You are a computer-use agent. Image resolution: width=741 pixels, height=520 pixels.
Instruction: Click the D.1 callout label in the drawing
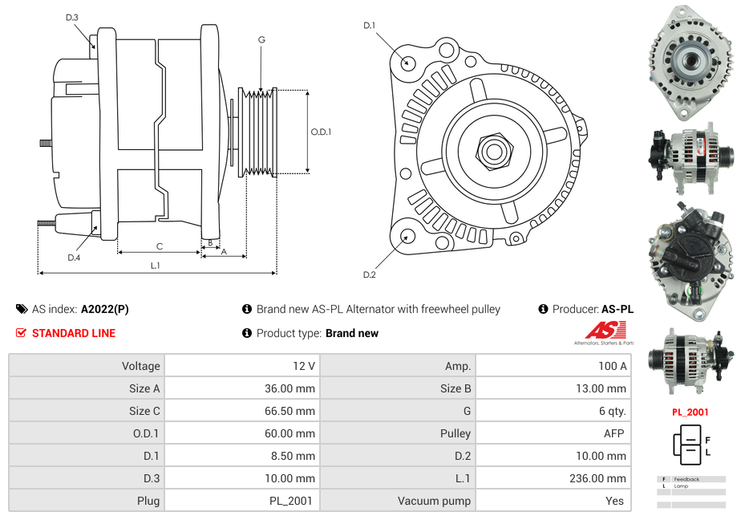(369, 26)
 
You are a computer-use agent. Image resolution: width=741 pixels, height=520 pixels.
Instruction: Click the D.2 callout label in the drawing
(369, 275)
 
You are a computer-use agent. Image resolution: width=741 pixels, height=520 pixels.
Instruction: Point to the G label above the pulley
(261, 39)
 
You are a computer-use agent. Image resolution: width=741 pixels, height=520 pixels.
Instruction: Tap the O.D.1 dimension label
(321, 132)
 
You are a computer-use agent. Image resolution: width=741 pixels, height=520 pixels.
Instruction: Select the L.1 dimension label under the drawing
(156, 266)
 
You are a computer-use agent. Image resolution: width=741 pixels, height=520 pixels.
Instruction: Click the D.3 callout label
(72, 18)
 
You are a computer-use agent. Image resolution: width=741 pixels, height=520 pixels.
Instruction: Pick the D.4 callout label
(74, 258)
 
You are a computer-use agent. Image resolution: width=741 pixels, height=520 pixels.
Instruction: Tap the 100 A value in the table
(612, 366)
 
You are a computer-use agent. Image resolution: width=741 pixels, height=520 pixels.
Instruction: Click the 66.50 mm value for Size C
(293, 411)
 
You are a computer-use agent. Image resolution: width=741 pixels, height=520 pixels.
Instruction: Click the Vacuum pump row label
(434, 501)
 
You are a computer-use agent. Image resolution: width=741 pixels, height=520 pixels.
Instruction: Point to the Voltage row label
(140, 366)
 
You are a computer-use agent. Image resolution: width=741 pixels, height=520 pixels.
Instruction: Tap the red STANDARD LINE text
(73, 333)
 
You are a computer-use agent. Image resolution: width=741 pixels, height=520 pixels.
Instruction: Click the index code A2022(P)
(104, 309)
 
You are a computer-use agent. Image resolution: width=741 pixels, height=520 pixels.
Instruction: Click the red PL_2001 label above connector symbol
(690, 412)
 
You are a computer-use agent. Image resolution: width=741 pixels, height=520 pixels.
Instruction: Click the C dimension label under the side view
(160, 246)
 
